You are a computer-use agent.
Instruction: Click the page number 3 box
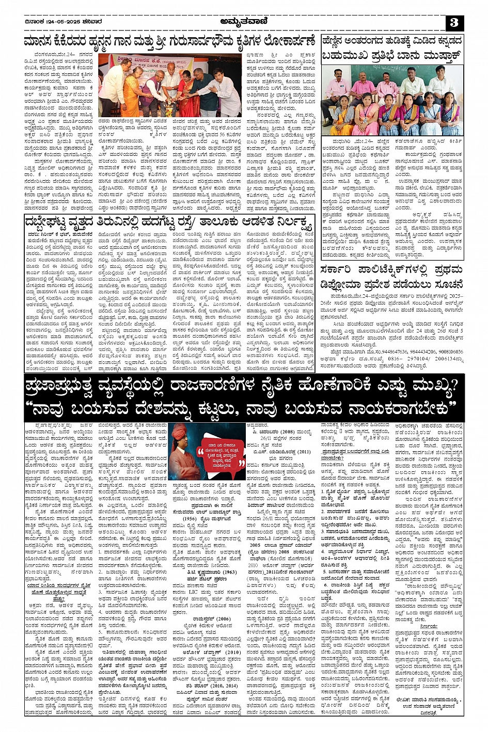click(454, 23)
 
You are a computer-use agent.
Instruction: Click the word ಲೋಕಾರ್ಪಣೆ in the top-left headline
click(287, 42)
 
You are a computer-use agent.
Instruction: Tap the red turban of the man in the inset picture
click(179, 429)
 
